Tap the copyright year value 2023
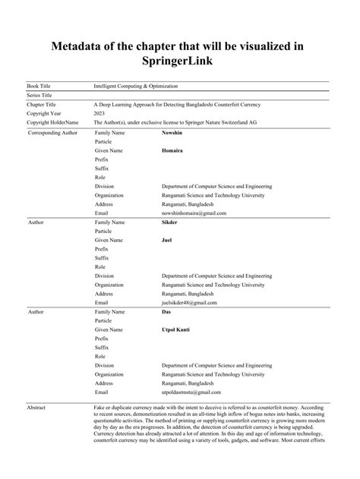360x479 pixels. tap(100, 112)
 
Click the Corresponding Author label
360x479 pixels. tap(54, 133)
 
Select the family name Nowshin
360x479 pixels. tap(173, 133)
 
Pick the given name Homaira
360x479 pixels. tap(173, 150)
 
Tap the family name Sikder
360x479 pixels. tap(170, 223)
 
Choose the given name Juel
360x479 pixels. tap(167, 240)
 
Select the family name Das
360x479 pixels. tap(166, 312)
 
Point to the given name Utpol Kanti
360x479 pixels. tap(178, 329)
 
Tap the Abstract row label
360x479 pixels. tap(36, 408)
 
